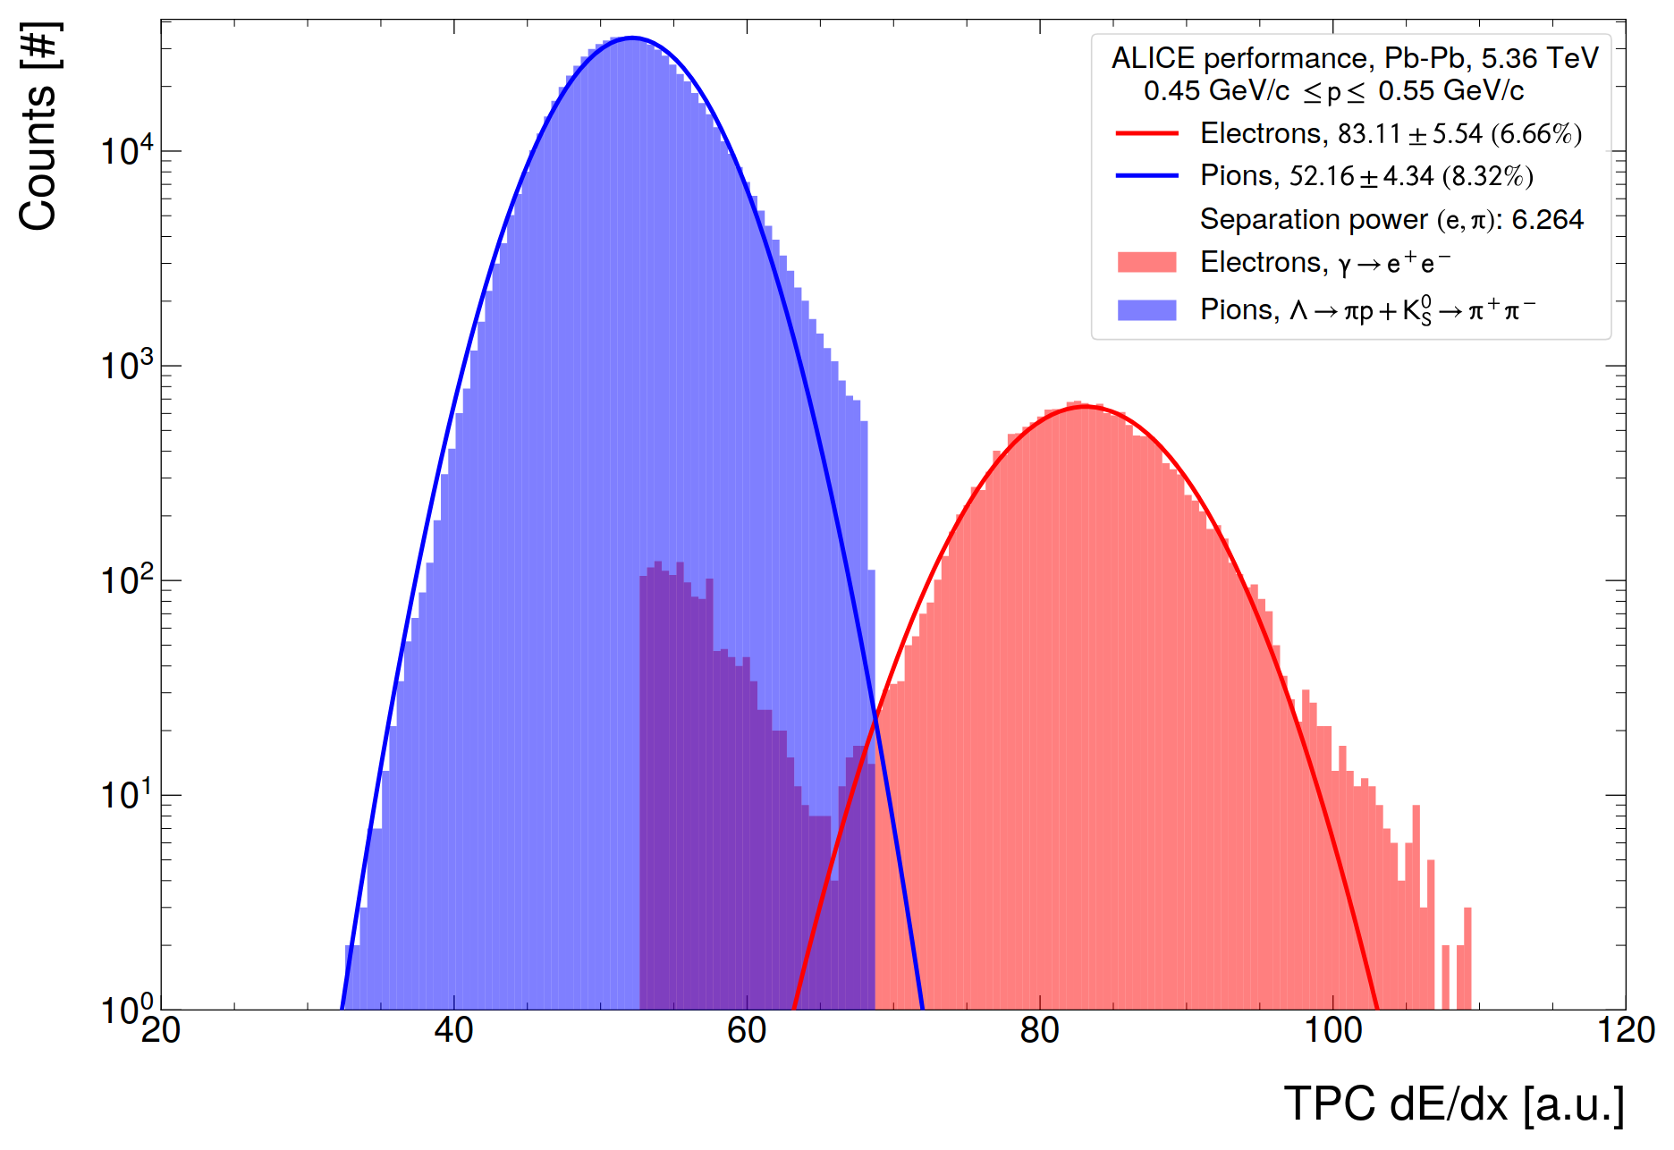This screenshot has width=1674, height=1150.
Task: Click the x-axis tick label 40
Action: click(x=453, y=1031)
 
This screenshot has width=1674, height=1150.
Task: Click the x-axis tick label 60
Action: click(x=747, y=1031)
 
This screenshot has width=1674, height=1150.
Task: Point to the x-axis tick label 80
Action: click(x=1039, y=1031)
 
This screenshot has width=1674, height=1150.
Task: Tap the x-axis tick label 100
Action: click(x=1332, y=1031)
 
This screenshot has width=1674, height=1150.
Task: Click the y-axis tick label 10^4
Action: click(x=126, y=150)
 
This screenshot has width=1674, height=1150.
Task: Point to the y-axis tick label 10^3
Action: click(x=126, y=365)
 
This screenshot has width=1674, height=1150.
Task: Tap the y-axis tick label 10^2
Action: click(x=126, y=579)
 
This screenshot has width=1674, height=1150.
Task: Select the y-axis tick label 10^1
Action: click(x=126, y=794)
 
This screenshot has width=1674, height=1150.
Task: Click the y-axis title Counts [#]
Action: click(x=39, y=127)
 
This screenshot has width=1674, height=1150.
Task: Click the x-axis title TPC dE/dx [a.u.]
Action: click(x=1454, y=1103)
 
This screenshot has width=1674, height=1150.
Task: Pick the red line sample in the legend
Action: click(x=1146, y=134)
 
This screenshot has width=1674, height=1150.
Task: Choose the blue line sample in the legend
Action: click(x=1146, y=176)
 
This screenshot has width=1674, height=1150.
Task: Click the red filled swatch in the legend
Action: click(x=1146, y=262)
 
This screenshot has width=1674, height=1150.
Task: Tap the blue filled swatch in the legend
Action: click(x=1146, y=310)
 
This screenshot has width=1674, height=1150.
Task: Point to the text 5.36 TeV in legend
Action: click(x=1539, y=58)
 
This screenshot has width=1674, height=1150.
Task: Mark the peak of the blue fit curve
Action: click(x=632, y=38)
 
